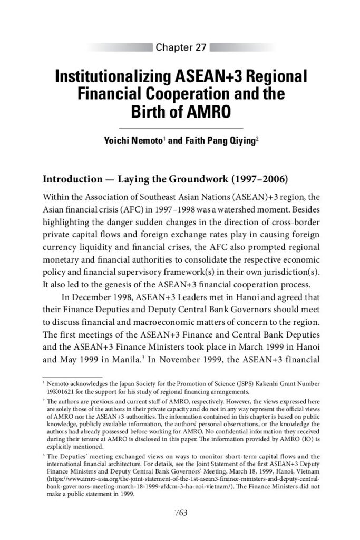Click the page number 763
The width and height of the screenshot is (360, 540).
[x=180, y=512]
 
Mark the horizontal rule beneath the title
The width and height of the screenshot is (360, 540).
[x=180, y=128]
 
